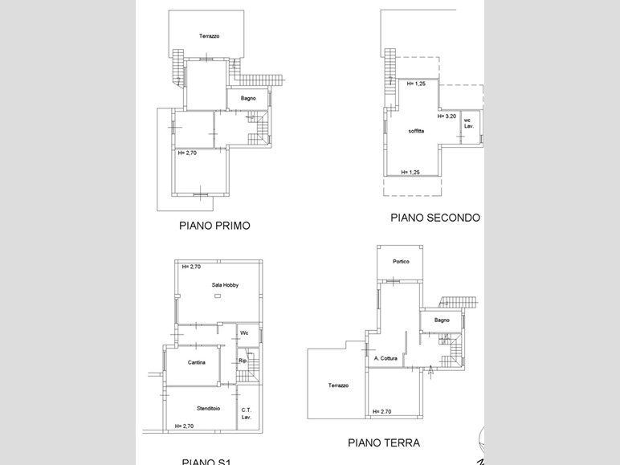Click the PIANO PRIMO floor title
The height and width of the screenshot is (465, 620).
[x=214, y=226]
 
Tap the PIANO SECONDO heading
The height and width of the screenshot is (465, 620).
[x=435, y=218]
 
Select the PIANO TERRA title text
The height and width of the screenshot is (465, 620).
[x=383, y=443]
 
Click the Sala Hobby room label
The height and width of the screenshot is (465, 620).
[x=225, y=285]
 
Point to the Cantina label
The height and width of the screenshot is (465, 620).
[x=197, y=362]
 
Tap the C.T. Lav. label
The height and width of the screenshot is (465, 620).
[x=247, y=414]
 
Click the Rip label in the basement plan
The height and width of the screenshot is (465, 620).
[x=243, y=361]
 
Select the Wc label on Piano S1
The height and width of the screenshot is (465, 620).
[x=244, y=332]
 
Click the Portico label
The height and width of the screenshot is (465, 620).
[x=401, y=261]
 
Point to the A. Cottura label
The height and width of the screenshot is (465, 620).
[x=385, y=358]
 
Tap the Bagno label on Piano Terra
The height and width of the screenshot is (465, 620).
[x=442, y=320]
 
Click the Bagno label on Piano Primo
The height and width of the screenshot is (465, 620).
[x=248, y=99]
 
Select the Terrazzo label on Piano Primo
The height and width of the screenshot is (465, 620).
[x=210, y=36]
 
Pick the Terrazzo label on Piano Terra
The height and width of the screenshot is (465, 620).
[x=338, y=385]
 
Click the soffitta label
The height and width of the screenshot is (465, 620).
[x=416, y=130]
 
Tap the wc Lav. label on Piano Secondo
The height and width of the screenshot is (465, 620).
[x=468, y=123]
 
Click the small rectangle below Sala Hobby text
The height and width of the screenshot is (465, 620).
[x=218, y=296]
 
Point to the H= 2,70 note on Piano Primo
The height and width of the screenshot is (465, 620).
[x=187, y=153]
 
